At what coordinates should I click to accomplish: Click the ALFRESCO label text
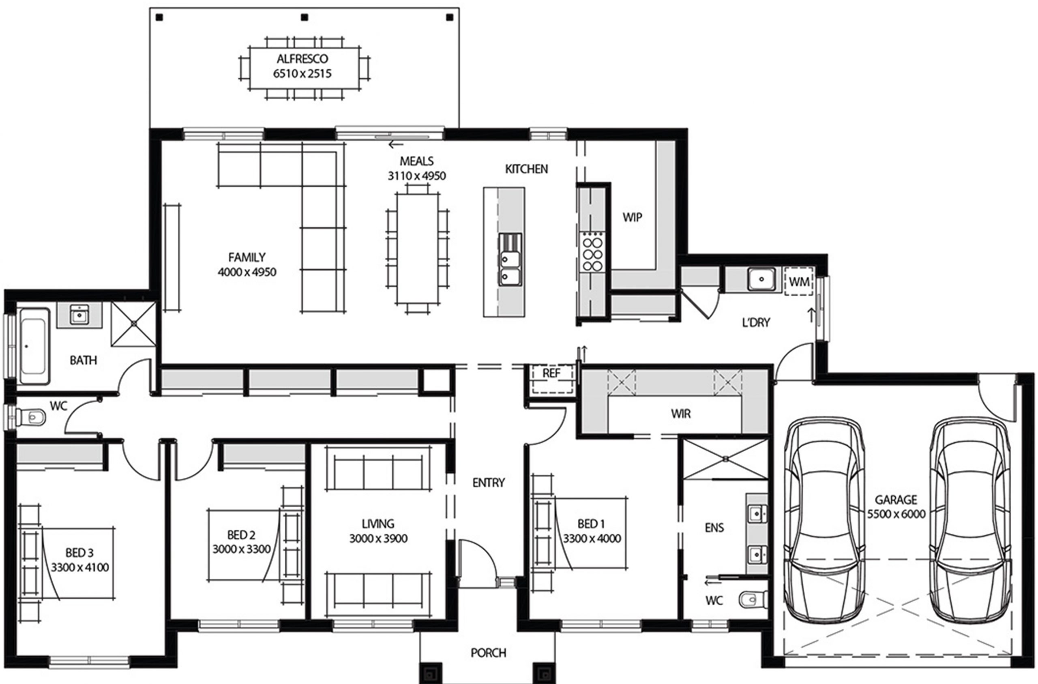click(302, 59)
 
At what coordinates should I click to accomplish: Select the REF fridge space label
click(551, 373)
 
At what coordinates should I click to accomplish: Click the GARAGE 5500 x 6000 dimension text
click(896, 514)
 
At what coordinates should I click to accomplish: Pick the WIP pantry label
click(632, 217)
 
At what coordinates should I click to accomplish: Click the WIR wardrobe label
click(680, 414)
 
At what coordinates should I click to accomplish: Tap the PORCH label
click(489, 653)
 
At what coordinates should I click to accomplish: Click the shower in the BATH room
click(133, 324)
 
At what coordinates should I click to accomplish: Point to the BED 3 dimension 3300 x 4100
click(80, 568)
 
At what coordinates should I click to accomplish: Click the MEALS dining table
click(417, 249)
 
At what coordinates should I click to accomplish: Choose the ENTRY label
click(489, 482)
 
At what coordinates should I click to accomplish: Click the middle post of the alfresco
click(305, 17)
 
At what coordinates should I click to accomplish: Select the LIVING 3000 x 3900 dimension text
click(378, 539)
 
